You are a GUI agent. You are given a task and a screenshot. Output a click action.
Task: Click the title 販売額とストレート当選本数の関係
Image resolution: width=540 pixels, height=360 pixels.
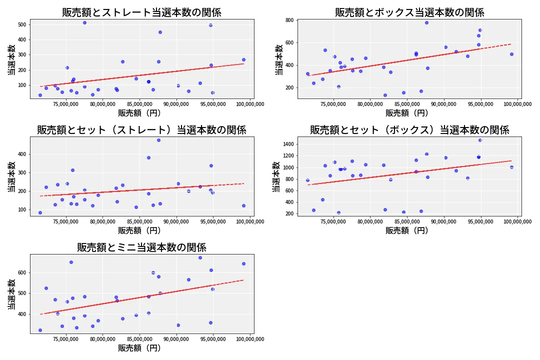click(x=141, y=12)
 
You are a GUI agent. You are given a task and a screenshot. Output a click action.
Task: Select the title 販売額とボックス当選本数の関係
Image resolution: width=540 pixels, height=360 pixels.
click(x=409, y=12)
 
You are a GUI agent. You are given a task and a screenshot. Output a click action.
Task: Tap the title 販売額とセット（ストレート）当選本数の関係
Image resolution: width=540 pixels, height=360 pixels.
click(x=141, y=130)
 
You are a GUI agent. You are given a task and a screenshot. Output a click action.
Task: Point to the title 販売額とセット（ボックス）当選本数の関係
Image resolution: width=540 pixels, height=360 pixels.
click(x=409, y=130)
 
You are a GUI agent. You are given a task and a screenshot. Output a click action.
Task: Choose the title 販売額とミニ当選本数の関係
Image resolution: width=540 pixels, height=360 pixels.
click(x=141, y=247)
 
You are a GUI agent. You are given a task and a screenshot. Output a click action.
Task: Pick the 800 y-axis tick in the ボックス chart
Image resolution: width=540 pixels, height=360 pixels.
click(x=289, y=20)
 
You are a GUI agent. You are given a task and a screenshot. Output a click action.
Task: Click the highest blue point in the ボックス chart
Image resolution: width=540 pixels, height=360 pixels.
click(x=426, y=22)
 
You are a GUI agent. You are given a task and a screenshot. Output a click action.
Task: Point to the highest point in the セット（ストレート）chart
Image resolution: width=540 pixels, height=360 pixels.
click(x=158, y=140)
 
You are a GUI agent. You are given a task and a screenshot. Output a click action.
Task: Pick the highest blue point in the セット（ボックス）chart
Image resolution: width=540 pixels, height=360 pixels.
click(x=480, y=140)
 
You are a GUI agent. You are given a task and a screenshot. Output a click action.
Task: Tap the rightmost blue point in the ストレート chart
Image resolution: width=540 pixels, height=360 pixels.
click(x=243, y=59)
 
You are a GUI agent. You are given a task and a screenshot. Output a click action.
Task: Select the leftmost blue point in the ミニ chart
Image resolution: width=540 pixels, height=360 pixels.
click(x=40, y=330)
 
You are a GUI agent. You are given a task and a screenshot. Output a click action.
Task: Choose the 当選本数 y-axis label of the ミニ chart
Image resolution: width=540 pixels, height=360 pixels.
click(x=11, y=294)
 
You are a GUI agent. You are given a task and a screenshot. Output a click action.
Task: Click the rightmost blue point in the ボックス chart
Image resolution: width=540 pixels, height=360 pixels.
click(x=511, y=54)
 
